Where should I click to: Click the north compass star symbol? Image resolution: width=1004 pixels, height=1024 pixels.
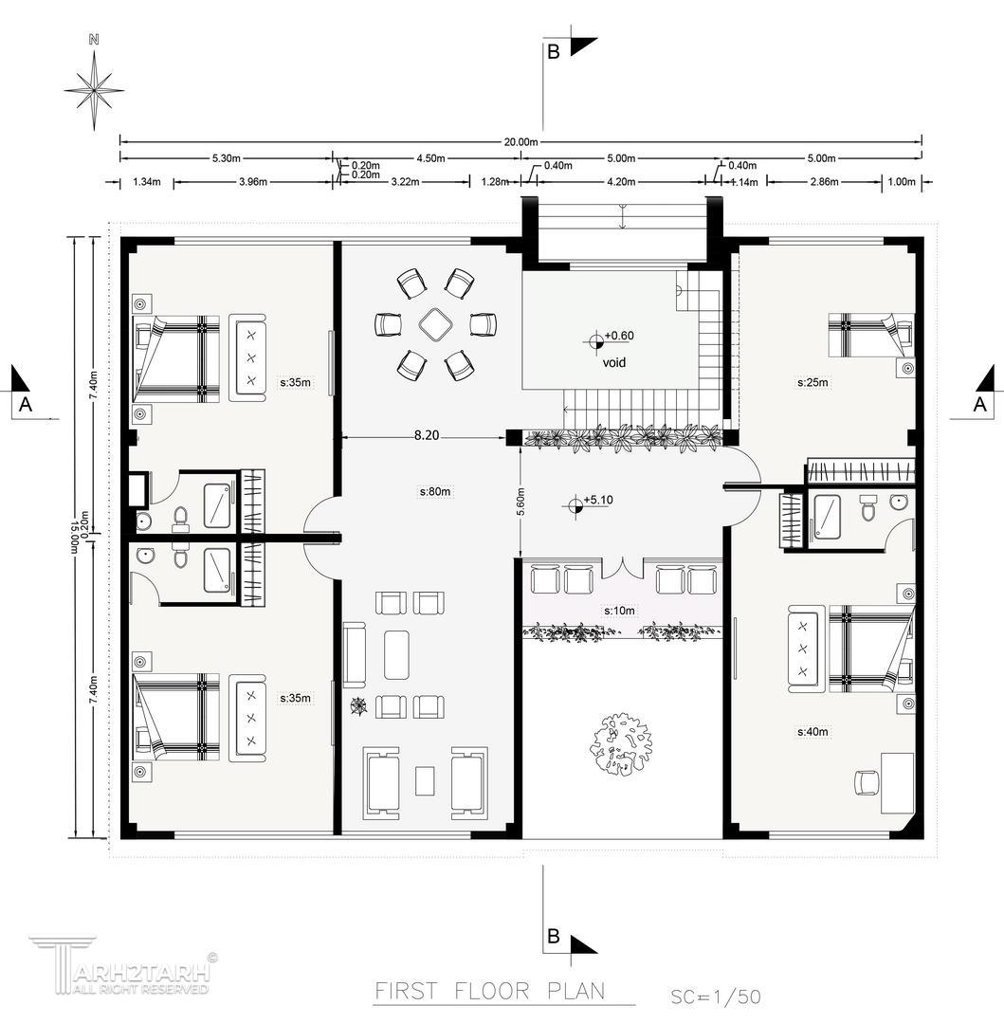click(95, 89)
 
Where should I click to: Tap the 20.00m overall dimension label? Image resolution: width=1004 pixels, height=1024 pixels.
click(520, 141)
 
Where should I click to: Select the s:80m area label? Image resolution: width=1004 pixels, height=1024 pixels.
click(435, 491)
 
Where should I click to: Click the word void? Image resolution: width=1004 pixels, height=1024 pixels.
click(613, 362)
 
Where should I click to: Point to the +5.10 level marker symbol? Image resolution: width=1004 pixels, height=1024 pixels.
click(575, 504)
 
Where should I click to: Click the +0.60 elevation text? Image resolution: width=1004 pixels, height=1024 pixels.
click(619, 336)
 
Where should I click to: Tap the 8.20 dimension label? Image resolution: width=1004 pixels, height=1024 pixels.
click(427, 435)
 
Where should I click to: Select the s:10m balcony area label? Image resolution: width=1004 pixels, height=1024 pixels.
click(619, 611)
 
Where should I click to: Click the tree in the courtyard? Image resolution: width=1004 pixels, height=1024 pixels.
click(621, 744)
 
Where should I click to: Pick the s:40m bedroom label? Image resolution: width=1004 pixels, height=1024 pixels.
click(812, 732)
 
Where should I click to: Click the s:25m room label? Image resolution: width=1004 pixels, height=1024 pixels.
click(812, 382)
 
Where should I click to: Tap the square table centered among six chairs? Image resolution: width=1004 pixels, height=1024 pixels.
click(435, 324)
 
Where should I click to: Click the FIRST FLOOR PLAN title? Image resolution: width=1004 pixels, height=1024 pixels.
click(489, 992)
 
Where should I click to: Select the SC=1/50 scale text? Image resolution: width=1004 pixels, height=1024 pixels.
click(716, 997)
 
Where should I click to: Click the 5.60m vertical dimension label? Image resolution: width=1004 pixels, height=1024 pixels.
click(520, 503)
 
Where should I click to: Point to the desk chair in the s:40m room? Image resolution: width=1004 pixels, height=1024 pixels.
click(867, 782)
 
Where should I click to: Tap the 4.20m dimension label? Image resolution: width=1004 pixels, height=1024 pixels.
click(621, 181)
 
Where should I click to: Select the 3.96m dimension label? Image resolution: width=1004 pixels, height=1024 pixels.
click(252, 181)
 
